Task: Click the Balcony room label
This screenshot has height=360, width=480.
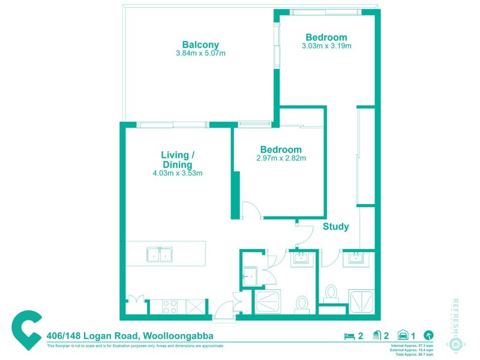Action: (x=200, y=44)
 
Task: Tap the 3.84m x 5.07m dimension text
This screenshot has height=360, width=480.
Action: (x=200, y=53)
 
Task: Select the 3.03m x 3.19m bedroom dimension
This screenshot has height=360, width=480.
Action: (x=326, y=46)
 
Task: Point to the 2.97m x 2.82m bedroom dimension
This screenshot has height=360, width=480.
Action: (x=281, y=158)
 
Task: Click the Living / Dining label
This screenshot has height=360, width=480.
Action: (x=177, y=160)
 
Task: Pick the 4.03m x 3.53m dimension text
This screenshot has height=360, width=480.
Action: (x=177, y=173)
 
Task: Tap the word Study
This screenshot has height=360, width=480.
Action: (x=335, y=227)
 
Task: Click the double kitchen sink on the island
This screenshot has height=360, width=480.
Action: (x=159, y=254)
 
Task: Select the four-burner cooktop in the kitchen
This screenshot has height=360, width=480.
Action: (x=170, y=307)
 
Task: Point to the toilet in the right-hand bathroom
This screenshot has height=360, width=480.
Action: (x=331, y=293)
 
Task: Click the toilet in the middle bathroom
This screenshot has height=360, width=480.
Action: (x=301, y=303)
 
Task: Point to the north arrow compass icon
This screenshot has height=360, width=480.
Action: (x=428, y=336)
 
